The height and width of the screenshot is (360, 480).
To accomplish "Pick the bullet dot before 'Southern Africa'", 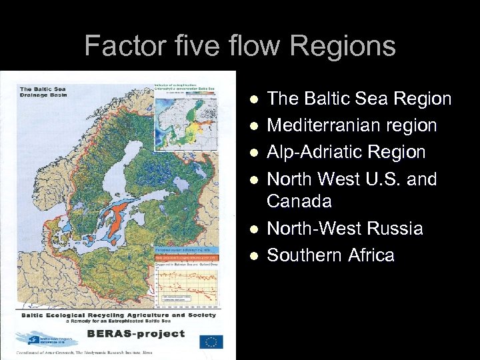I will [x=253, y=256].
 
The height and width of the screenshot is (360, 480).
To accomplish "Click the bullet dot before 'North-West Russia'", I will [x=253, y=229].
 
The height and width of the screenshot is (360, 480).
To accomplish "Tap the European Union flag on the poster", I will [x=212, y=341].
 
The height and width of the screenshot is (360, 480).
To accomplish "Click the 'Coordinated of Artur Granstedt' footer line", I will [x=103, y=351].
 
